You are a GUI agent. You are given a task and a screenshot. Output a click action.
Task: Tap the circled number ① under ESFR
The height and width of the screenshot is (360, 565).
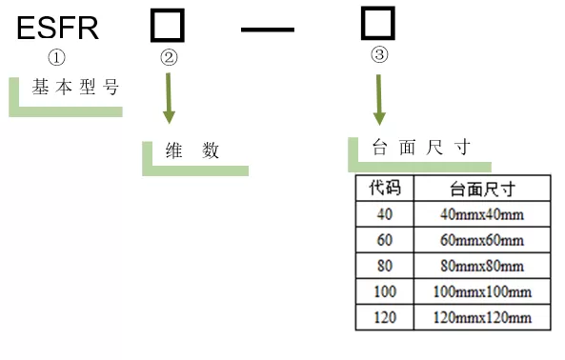click(x=56, y=60)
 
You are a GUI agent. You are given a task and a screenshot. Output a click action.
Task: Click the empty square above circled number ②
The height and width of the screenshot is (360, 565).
click(x=168, y=26)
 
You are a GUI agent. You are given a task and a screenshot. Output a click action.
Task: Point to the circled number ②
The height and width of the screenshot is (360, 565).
click(x=169, y=57)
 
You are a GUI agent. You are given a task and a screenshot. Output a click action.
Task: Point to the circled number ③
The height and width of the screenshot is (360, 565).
click(x=379, y=55)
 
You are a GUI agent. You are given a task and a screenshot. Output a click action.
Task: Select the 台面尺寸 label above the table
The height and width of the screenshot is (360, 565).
click(x=419, y=147)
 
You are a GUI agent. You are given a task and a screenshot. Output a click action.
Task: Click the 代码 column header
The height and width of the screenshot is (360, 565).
click(x=384, y=188)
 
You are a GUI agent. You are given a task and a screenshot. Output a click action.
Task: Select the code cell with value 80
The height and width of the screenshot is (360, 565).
click(x=384, y=265)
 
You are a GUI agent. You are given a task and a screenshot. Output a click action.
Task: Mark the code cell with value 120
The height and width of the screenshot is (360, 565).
click(x=384, y=316)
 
